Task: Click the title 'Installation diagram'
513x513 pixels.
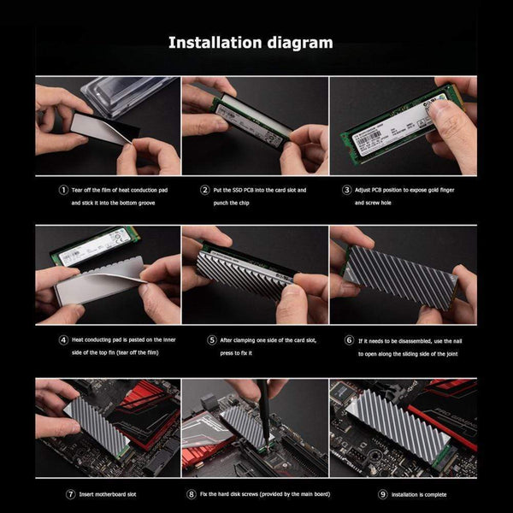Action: (250, 42)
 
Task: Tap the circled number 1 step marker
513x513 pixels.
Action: (62, 190)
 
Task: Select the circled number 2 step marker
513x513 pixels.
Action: (204, 190)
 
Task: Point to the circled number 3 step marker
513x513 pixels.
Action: (346, 190)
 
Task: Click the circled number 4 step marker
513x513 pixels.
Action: (62, 339)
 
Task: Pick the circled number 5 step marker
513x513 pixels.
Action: (211, 339)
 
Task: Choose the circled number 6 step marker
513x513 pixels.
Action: (349, 339)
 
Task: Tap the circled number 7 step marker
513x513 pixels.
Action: (70, 494)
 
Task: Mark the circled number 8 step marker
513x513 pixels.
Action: (191, 494)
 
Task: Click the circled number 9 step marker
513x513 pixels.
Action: (382, 494)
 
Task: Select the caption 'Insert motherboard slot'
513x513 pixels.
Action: (109, 494)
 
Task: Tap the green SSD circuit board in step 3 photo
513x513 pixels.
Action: (393, 124)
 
